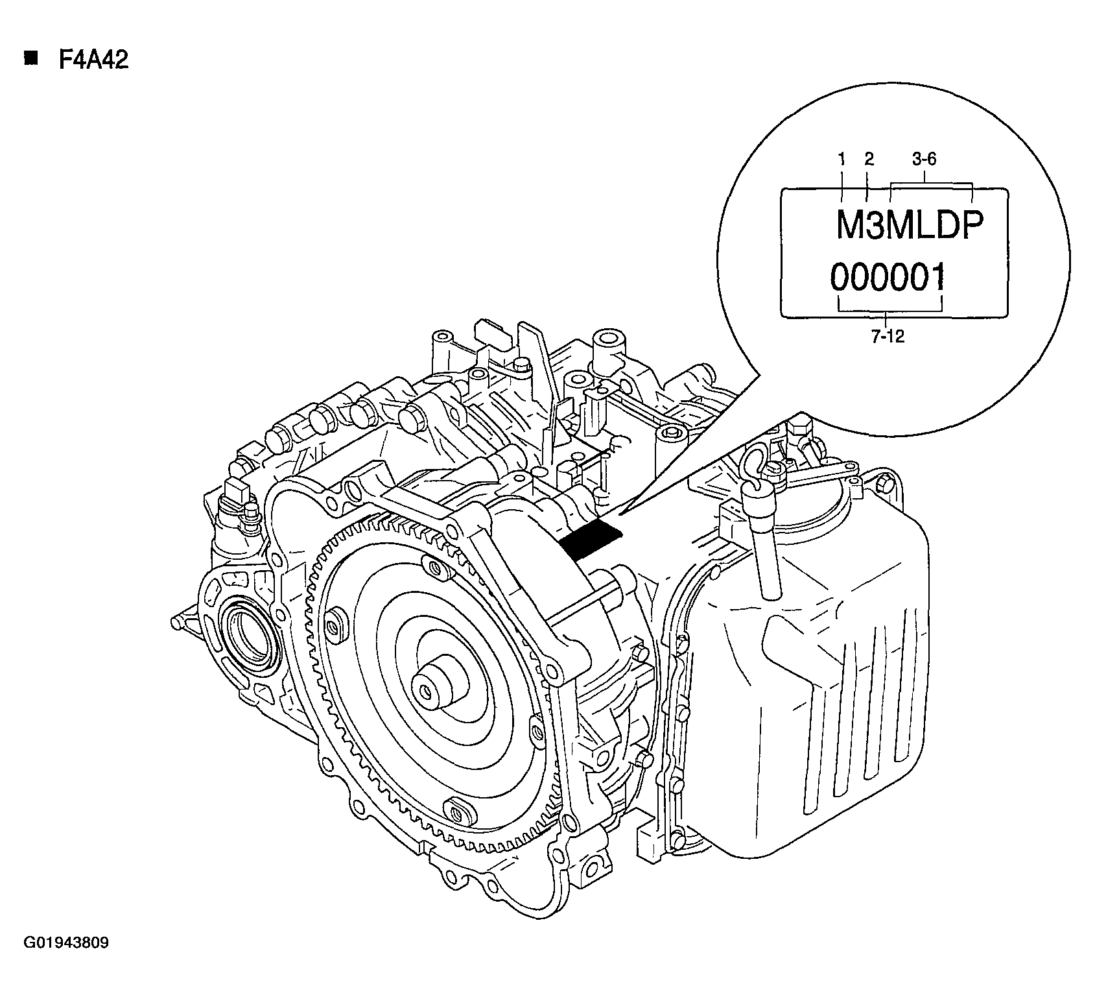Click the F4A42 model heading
point(93,60)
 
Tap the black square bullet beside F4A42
point(30,59)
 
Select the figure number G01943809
point(66,943)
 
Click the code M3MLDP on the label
point(910,226)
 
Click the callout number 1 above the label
point(842,160)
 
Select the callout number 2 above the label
point(869,160)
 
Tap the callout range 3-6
point(924,160)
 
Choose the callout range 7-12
point(888,337)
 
